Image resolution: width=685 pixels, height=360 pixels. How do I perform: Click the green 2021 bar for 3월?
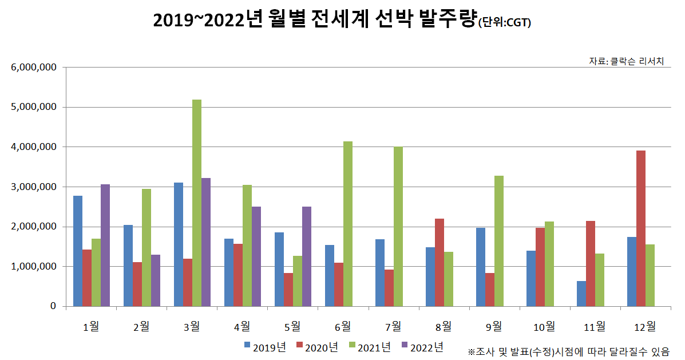(197, 203)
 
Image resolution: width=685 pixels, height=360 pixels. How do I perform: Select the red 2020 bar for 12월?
(641, 228)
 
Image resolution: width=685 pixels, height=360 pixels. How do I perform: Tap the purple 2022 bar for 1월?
(105, 246)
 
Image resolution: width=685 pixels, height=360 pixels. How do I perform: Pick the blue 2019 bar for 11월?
(581, 294)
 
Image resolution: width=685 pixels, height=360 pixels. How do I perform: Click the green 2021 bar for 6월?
(348, 224)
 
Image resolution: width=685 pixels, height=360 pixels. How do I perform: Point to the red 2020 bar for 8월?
(439, 262)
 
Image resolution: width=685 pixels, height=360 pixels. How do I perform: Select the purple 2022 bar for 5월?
(307, 256)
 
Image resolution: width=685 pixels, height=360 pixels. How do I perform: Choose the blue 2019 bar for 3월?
(179, 244)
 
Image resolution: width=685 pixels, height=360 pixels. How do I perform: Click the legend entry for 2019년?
(265, 346)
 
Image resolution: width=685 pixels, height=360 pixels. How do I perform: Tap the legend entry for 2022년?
(422, 346)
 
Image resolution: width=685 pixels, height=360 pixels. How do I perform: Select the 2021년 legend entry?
(370, 346)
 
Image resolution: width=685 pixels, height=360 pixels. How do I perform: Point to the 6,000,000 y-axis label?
(34, 68)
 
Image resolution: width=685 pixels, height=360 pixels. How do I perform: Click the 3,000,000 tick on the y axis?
(34, 187)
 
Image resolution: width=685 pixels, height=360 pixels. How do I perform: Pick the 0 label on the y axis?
(53, 307)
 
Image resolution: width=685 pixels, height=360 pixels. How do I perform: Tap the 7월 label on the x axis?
(394, 326)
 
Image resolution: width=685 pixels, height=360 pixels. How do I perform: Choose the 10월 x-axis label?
(544, 326)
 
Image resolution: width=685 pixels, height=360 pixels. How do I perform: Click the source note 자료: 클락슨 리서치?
(626, 61)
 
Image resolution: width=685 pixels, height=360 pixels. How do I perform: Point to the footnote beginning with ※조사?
(568, 351)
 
